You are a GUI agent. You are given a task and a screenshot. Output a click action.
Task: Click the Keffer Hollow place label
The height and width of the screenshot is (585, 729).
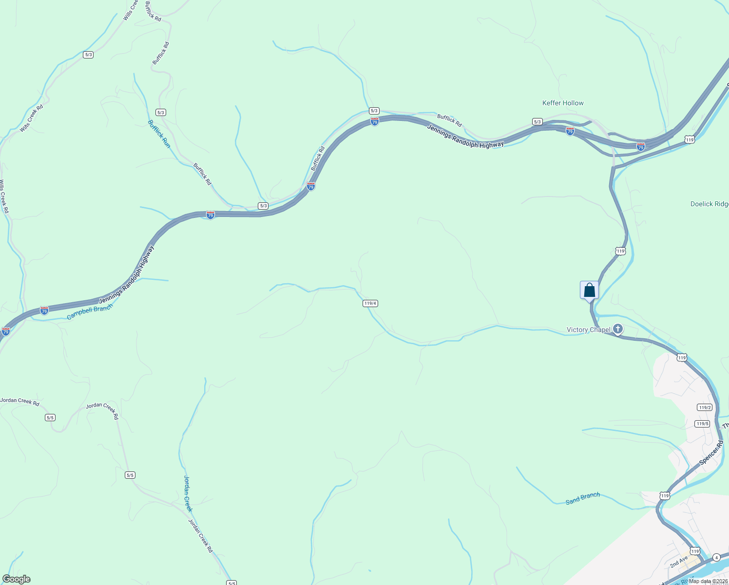pos(563,103)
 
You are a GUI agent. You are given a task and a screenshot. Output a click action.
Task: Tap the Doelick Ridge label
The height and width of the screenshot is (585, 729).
pos(710,204)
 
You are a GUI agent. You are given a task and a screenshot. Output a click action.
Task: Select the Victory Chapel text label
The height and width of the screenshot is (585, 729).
pos(588,330)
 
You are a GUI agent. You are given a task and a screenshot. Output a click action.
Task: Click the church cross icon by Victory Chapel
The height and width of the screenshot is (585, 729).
pos(618,329)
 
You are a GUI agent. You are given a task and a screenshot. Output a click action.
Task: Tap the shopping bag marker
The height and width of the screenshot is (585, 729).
pos(589,291)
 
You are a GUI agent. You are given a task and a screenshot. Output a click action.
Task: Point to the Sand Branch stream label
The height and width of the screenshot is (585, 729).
pos(583,498)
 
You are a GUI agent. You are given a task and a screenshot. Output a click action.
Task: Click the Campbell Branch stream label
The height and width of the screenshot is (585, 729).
pos(90,312)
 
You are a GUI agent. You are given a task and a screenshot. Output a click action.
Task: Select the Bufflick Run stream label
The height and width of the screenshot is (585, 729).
pos(159,134)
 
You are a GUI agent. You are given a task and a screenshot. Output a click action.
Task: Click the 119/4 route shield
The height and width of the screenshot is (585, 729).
pos(370,303)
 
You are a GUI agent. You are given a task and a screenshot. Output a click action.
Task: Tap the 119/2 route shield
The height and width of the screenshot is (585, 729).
pos(704,408)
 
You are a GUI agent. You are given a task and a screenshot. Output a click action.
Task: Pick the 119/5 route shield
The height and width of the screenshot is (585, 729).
pos(702,424)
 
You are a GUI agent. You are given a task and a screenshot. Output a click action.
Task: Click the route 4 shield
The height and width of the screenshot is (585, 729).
pos(716,557)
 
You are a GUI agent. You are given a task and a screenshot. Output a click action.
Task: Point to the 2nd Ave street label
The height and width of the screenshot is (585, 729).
pos(679,562)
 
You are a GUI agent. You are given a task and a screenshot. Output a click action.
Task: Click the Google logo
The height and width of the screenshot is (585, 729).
pos(16,579)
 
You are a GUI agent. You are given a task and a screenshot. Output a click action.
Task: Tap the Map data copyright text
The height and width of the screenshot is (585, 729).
pos(708,581)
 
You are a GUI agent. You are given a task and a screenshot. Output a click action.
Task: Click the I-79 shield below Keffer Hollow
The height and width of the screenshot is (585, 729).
pos(570,131)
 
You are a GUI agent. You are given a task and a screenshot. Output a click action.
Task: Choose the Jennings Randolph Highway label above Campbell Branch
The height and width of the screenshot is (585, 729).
pos(127,275)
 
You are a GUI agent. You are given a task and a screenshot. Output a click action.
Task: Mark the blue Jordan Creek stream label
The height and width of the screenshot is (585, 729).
pos(188,493)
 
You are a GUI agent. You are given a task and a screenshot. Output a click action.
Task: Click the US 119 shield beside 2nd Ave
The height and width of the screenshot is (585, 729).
pos(695,551)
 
